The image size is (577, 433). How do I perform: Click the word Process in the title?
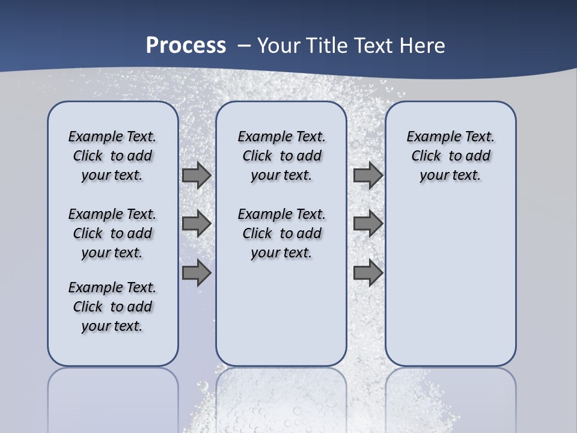186,46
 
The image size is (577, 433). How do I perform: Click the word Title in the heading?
329,46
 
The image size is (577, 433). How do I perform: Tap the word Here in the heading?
423,46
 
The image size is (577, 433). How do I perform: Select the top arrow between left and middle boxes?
197,175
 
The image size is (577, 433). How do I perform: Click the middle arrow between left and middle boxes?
197,224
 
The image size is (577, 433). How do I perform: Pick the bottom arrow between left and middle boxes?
197,272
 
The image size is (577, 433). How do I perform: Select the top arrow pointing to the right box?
368,175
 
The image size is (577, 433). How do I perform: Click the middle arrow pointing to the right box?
368,224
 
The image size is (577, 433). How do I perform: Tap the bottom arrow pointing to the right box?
368,272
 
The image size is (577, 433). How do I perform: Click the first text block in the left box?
112,156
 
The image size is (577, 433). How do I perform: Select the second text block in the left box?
112,233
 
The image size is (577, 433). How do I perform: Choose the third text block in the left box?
112,307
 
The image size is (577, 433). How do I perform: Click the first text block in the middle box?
281,156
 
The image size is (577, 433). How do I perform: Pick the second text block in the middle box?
281,233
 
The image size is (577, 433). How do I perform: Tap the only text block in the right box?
450,156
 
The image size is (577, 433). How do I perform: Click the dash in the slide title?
244,46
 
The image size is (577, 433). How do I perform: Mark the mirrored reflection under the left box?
112,397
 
